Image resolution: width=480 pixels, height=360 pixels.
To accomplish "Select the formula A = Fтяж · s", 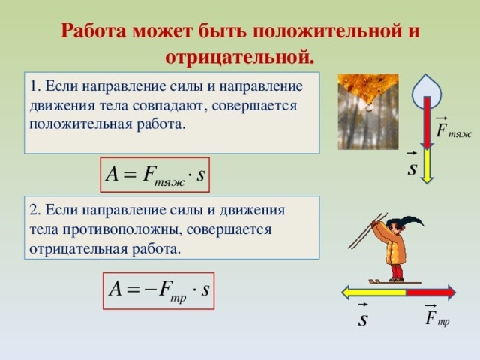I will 155,176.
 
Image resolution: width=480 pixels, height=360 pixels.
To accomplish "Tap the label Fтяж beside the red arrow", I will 452,130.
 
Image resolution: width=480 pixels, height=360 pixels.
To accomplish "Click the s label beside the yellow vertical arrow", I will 411,166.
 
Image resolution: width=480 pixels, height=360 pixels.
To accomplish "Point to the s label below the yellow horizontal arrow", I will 362,318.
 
